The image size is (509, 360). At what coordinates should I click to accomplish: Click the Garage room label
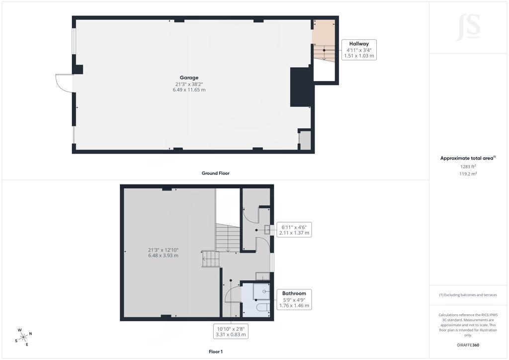189,78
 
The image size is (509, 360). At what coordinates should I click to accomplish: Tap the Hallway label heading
359,43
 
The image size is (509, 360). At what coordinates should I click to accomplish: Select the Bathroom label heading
294,293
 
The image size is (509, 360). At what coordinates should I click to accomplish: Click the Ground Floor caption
216,173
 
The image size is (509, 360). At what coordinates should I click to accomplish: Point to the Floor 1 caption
216,352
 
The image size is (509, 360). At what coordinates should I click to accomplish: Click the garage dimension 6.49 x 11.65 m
189,90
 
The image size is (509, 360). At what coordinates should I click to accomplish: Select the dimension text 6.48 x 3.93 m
163,256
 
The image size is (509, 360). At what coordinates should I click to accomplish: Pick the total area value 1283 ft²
468,167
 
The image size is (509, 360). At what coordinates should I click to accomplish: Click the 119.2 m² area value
468,174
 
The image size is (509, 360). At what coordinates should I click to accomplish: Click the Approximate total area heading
468,158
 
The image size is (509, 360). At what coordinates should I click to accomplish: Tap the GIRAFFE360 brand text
468,345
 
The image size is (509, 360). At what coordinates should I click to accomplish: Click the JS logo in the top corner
468,27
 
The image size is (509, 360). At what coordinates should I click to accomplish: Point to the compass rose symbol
23,337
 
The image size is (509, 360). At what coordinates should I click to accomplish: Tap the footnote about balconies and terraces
468,295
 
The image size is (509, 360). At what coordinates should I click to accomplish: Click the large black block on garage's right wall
301,87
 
